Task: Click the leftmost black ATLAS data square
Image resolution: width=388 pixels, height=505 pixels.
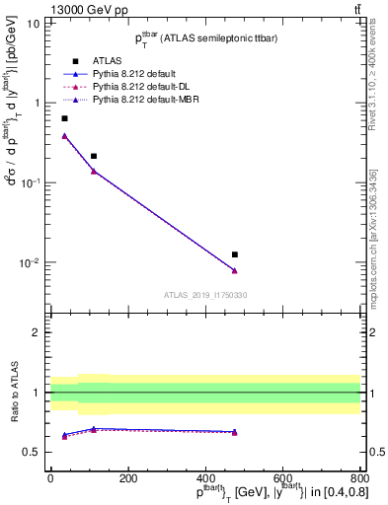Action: point(64,118)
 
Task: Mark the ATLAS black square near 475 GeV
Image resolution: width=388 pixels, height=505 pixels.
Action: point(234,254)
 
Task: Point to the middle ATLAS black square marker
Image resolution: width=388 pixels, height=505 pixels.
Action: point(94,156)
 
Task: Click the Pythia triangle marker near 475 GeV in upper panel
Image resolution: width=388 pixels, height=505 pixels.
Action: point(234,270)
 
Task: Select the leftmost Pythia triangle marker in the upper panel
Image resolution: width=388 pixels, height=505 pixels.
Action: point(64,136)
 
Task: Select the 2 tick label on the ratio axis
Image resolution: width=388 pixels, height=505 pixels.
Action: point(36,332)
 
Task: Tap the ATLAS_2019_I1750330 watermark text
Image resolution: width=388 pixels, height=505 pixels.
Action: point(205,295)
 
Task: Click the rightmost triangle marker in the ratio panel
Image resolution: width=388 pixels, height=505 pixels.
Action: point(234,432)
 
